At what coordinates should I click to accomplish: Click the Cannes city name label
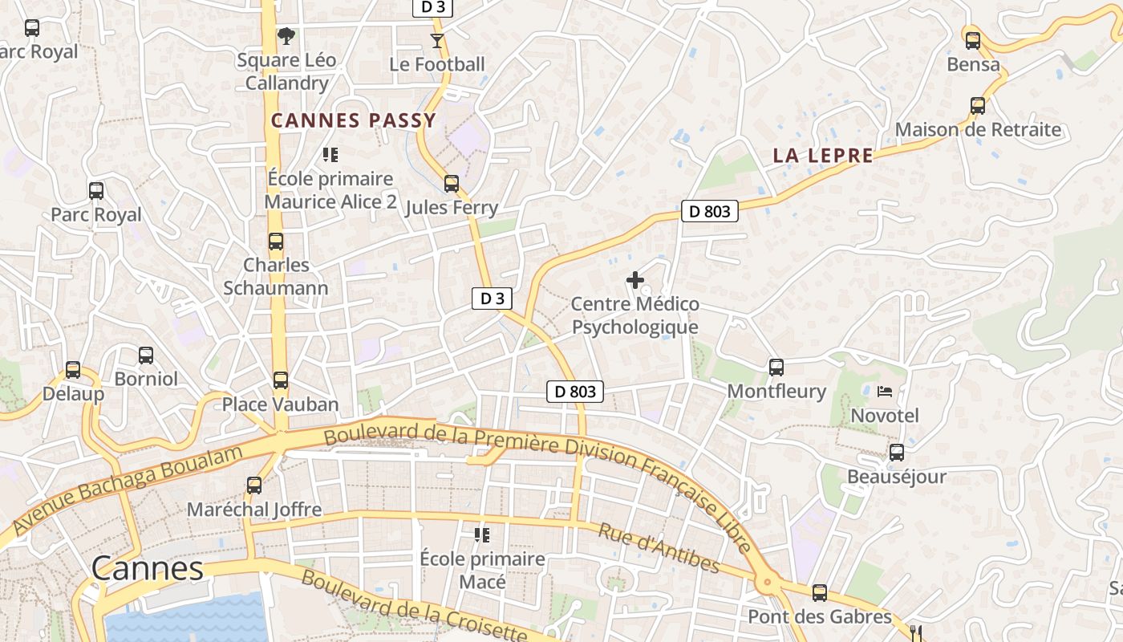coord(147,568)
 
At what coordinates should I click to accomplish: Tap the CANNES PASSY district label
coord(354,121)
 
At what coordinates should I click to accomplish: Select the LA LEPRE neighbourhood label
coord(823,156)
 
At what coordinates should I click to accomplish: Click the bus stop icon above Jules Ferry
coord(452,184)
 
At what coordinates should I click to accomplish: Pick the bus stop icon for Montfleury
coord(776,368)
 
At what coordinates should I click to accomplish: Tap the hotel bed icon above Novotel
coord(885,392)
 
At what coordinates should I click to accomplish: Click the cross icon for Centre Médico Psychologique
coord(634,280)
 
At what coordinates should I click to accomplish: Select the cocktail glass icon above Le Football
coord(437,40)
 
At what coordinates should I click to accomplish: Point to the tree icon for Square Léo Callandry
coord(286,36)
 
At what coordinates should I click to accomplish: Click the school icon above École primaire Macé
coord(482,534)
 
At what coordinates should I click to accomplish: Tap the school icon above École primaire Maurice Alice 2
coord(330,154)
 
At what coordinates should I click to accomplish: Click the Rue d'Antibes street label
coord(659,549)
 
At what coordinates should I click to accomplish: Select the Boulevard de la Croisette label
coord(414,607)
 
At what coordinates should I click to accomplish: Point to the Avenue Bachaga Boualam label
coord(128,490)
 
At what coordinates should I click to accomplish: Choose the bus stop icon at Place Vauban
coord(280,380)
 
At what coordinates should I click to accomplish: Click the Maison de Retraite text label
coord(978,130)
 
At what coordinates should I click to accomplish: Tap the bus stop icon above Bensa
coord(973,40)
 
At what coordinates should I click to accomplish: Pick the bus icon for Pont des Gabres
coord(819,593)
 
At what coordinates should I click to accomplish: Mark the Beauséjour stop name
coord(897,477)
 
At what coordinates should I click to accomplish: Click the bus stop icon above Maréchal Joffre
coord(254,486)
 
